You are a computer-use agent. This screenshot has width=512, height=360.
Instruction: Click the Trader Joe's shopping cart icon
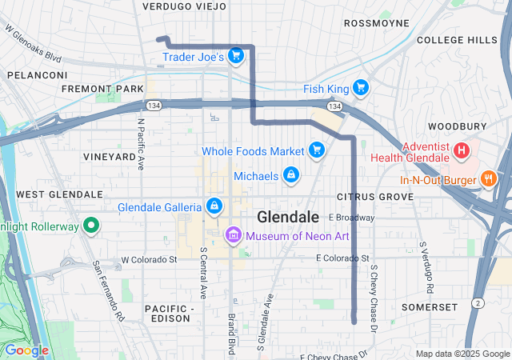(235, 55)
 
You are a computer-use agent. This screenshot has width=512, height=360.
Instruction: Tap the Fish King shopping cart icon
(361, 87)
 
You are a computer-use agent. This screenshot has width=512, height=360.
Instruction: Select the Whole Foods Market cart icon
(317, 150)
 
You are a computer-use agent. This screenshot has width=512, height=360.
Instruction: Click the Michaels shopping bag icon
(291, 174)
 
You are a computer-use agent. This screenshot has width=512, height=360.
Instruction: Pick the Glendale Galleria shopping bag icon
(214, 206)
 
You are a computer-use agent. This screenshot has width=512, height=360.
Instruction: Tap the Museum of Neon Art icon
(233, 234)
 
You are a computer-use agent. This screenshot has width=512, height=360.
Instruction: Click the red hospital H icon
(462, 150)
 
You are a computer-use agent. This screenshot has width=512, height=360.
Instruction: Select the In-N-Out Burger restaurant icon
(487, 179)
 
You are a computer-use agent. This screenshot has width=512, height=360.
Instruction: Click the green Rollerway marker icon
(91, 226)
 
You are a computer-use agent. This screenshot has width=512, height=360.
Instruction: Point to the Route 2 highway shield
(477, 302)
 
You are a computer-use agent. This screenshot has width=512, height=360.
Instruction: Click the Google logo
(26, 350)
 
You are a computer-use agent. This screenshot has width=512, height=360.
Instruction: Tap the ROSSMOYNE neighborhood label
(376, 23)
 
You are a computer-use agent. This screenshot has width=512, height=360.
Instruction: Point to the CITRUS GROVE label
(375, 196)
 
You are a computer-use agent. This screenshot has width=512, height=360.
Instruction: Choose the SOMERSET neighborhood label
(430, 307)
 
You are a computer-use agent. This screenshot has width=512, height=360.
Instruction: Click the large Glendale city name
(288, 217)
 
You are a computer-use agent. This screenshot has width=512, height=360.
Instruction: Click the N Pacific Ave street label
(141, 145)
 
